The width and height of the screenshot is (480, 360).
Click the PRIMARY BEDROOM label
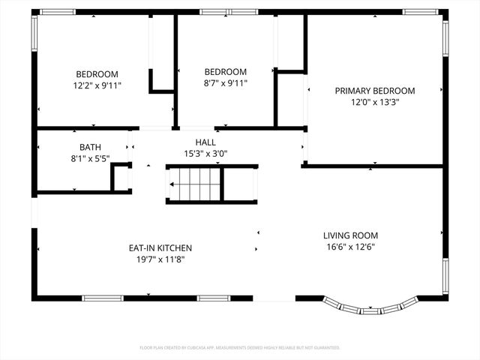click(x=374, y=91)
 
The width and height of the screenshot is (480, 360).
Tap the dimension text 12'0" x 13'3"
click(x=374, y=103)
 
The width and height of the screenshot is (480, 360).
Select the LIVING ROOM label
click(x=350, y=235)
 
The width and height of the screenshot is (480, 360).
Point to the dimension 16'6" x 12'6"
click(x=350, y=247)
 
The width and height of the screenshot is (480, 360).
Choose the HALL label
click(x=205, y=142)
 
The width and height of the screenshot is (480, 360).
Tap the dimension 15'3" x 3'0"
click(x=205, y=154)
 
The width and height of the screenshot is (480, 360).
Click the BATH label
click(x=90, y=148)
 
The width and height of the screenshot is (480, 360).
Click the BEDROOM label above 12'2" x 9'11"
click(x=97, y=73)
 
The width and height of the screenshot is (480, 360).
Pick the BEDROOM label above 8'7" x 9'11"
click(x=226, y=72)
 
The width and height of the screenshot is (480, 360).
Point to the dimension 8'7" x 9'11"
click(x=226, y=83)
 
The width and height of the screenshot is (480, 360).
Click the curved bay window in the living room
click(x=370, y=307)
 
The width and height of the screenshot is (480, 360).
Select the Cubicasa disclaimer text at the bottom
click(x=240, y=348)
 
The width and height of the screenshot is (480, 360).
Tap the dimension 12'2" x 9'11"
click(x=97, y=85)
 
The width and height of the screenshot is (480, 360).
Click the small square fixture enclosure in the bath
click(x=121, y=178)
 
